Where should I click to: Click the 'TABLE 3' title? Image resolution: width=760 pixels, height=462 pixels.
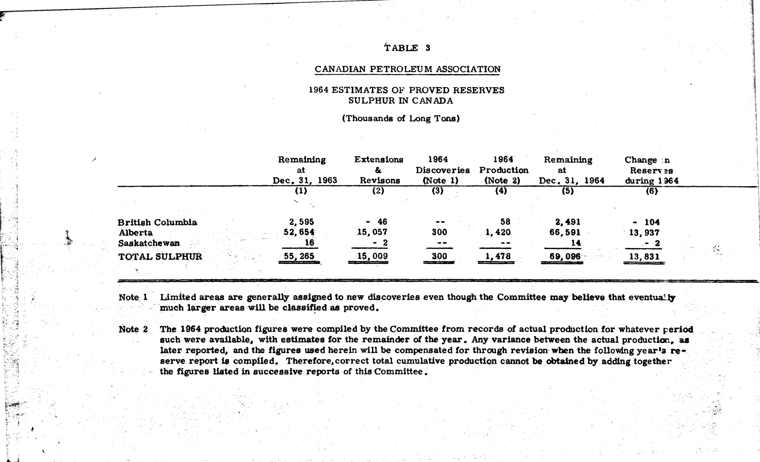(407, 48)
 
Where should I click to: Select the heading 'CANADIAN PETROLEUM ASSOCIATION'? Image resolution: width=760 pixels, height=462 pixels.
(408, 69)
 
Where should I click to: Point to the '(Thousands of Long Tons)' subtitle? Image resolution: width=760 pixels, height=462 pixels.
(401, 118)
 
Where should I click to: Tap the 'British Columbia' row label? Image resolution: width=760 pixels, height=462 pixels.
(157, 222)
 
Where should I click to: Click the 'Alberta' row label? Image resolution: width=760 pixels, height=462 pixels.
(135, 233)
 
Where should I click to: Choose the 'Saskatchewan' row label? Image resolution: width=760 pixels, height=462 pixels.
(149, 243)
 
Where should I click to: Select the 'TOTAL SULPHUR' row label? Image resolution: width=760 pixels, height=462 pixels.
(160, 256)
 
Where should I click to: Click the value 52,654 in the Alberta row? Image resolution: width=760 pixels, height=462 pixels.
(299, 232)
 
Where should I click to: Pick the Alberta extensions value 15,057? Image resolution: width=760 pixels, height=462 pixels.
(372, 232)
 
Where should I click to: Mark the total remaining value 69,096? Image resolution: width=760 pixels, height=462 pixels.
(565, 256)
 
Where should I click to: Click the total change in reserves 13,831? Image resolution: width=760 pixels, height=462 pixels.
(644, 256)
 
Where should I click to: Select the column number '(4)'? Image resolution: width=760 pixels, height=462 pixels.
(501, 191)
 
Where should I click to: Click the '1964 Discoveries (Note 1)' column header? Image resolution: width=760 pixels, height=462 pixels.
(442, 170)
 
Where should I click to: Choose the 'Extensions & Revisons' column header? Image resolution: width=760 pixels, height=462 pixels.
(379, 170)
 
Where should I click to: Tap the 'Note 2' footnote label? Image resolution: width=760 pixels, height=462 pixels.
(133, 329)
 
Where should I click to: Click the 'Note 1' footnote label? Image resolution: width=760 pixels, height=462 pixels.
(133, 297)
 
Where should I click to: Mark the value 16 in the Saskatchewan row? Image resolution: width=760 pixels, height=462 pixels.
(309, 243)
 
